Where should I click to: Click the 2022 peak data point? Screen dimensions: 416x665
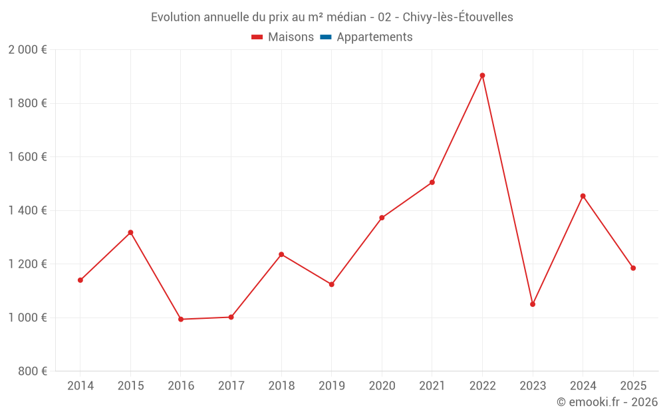coord(482,75)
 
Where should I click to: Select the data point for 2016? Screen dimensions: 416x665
coord(181,319)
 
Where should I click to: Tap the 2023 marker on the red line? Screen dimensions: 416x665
coord(533,304)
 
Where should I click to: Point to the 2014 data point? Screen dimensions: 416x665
coord(80,280)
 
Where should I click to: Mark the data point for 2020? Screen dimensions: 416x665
coord(382,218)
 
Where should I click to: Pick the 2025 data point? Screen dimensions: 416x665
coord(633,268)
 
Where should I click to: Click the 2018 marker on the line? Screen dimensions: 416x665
coord(281,254)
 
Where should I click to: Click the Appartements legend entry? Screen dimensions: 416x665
coord(374,37)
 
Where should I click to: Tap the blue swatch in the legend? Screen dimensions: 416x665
coord(326,37)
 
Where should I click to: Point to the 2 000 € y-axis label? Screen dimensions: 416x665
coord(28,50)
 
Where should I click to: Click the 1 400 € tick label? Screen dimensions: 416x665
coord(28,210)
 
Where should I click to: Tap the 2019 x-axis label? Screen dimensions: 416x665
coord(332,386)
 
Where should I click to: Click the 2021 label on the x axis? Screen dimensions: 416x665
coord(432,386)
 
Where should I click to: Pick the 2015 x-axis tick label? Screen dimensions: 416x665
coord(130,386)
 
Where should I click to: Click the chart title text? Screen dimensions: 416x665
coord(332,17)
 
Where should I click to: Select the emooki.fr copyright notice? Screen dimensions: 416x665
coord(606,402)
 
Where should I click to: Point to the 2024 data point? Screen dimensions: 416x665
coord(583,196)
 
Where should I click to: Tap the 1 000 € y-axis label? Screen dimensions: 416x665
coord(28,317)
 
